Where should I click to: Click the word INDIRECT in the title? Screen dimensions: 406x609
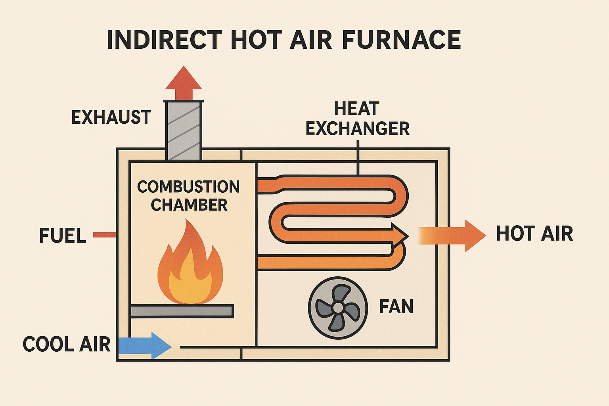click(x=164, y=40)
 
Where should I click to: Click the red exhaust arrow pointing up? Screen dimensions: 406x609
click(x=184, y=83)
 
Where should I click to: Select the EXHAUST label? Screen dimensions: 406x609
click(x=111, y=117)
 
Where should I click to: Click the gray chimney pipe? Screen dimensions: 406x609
click(x=184, y=131)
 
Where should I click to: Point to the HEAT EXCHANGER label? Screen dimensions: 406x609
click(x=357, y=119)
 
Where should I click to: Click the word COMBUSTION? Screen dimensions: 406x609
click(x=188, y=187)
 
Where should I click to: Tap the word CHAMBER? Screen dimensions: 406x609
click(x=189, y=205)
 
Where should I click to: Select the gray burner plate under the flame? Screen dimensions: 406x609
click(x=182, y=311)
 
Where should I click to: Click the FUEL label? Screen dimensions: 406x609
click(x=63, y=236)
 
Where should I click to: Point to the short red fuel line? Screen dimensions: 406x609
click(x=104, y=235)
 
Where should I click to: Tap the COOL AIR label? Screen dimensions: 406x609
click(x=66, y=344)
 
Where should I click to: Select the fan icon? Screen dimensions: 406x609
click(x=338, y=308)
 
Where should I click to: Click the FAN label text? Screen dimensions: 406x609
click(x=396, y=306)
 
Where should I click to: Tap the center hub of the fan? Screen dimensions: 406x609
click(x=338, y=308)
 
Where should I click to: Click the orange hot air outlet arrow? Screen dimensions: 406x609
click(x=452, y=236)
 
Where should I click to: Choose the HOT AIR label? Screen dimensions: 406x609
click(x=534, y=234)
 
